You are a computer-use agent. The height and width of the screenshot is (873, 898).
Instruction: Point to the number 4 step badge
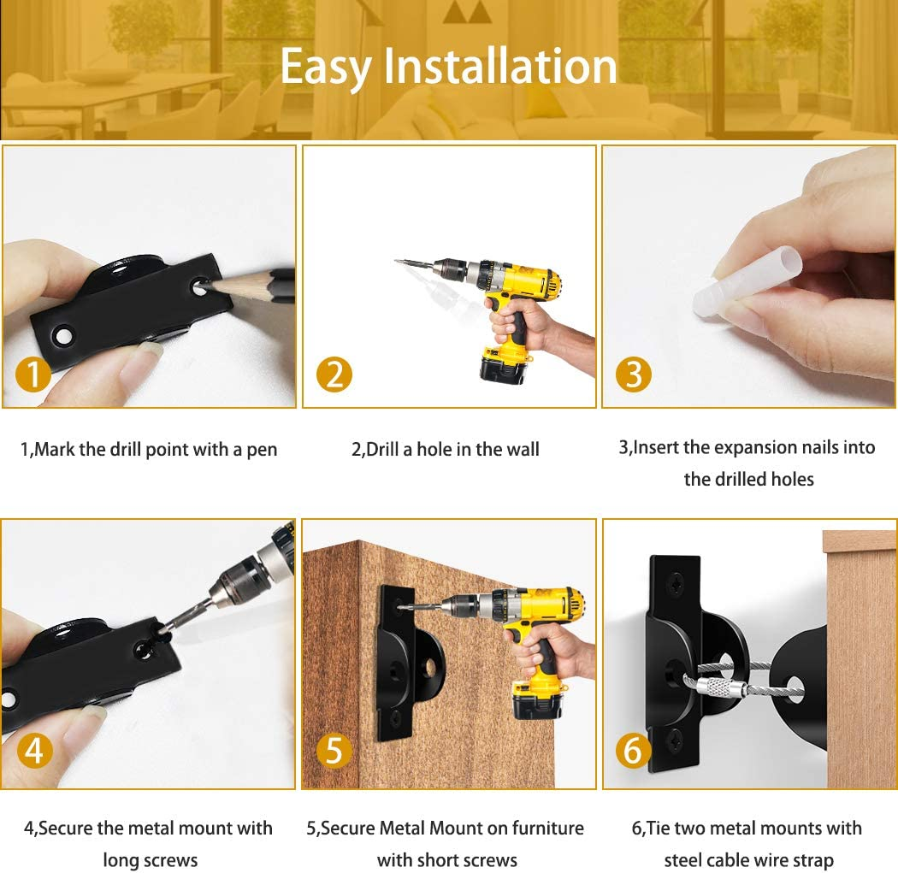click(x=34, y=750)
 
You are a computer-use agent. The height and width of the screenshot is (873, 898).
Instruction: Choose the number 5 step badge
click(x=334, y=750)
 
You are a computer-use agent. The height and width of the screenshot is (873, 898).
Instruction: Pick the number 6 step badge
click(x=633, y=750)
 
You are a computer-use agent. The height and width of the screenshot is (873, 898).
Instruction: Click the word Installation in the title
click(x=500, y=66)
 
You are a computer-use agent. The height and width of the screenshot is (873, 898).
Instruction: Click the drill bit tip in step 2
click(x=396, y=261)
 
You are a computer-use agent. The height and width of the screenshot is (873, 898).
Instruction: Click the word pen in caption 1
click(x=262, y=450)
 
